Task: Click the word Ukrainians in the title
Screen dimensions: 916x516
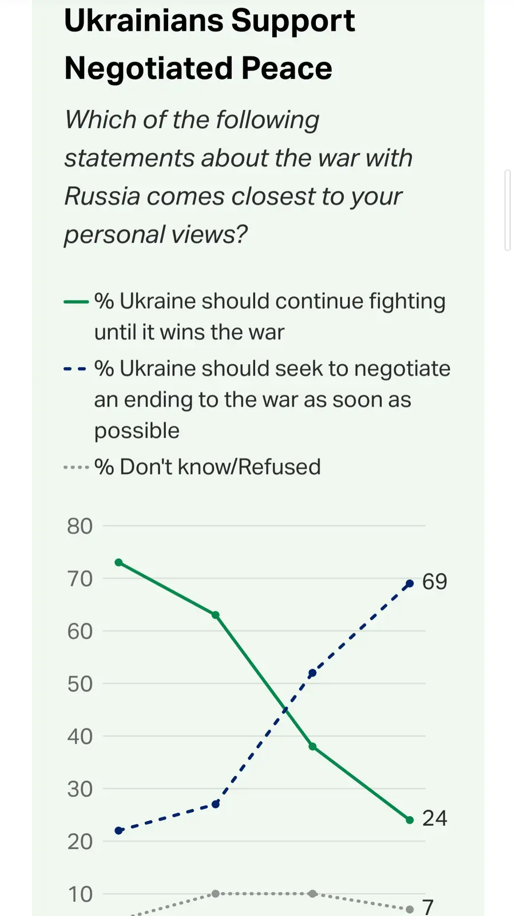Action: [x=145, y=21]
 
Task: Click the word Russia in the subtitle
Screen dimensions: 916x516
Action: [x=102, y=196]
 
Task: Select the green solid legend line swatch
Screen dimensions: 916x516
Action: [x=76, y=302]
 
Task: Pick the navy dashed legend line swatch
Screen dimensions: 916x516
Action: [x=76, y=369]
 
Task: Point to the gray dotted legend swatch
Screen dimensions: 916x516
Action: [x=76, y=468]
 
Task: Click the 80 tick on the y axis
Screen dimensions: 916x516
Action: [x=80, y=526]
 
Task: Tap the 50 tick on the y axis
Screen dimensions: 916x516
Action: [x=80, y=684]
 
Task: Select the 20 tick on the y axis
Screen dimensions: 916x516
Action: [x=80, y=842]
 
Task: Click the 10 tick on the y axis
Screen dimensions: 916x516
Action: [x=80, y=894]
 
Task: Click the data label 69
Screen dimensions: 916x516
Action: [x=434, y=582]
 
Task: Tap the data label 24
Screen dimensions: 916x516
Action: [x=434, y=819]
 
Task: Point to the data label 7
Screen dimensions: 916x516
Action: [x=428, y=907]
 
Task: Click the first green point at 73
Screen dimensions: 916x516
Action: [x=119, y=562]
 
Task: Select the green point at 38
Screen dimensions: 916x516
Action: [x=312, y=747]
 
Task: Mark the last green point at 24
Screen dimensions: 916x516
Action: [x=410, y=820]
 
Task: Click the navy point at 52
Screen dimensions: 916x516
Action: [x=312, y=673]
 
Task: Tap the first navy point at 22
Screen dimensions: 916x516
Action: [x=119, y=831]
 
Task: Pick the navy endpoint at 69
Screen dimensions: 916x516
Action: [x=410, y=583]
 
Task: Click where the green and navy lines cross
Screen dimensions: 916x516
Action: [x=285, y=710]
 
